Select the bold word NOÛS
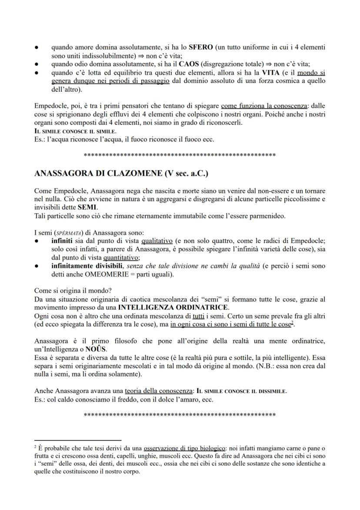(x=96, y=349)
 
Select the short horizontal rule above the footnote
(x=77, y=440)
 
